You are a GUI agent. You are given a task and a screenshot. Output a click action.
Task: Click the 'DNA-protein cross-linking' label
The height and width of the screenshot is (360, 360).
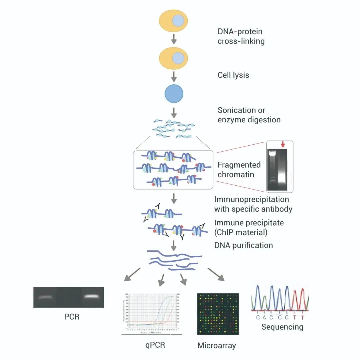pos(241,36)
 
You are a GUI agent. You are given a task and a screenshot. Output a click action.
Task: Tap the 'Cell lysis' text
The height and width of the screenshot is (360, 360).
pos(233,75)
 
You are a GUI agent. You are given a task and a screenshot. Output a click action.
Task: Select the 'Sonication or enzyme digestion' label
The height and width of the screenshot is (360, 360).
pos(249,115)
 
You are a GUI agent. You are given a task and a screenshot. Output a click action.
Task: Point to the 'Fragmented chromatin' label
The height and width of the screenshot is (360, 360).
pos(239,169)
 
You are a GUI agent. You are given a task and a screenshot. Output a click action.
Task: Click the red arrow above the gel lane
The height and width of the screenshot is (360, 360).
pos(283,144)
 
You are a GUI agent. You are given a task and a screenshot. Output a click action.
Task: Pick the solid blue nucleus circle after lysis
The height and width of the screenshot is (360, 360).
pos(174,93)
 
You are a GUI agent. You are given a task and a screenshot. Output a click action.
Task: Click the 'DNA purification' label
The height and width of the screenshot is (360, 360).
pos(243,245)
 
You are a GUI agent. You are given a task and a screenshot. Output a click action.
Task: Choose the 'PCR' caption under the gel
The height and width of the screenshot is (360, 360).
pos(72,316)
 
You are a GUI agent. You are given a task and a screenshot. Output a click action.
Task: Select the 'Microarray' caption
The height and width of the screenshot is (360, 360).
pos(217,345)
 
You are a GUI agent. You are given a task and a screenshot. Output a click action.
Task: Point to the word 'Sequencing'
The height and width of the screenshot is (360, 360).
pos(282,326)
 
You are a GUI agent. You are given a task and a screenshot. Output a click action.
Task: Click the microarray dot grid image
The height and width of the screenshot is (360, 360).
pos(218,314)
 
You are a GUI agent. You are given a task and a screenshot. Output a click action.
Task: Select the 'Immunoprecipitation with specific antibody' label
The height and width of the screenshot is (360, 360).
pos(253,204)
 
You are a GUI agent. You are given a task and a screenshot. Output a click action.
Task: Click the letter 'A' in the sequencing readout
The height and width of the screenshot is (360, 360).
pos(265,317)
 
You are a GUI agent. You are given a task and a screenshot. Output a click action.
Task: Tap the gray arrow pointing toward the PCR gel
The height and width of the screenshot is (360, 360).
pos(131,274)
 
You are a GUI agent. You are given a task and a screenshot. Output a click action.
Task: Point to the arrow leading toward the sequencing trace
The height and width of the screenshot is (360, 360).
pos(216,274)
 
